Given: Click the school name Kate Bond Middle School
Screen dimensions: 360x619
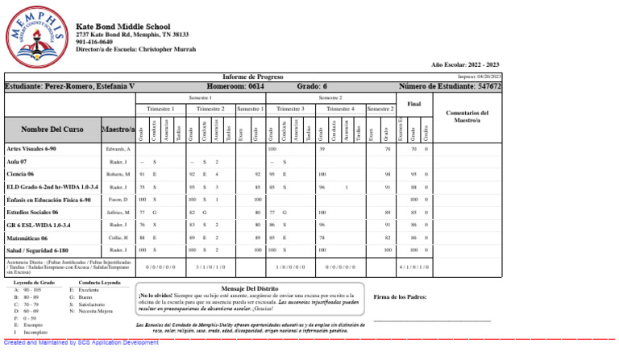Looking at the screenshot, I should pos(123,27).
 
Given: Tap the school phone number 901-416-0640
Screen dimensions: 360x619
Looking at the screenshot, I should pos(93,42).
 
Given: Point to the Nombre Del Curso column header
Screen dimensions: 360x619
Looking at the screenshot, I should pos(52,129).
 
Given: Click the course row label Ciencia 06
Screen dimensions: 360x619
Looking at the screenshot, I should pos(20,174).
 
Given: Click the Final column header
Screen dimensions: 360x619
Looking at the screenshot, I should pos(414,104).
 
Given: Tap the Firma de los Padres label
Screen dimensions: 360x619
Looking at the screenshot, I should pos(401,297).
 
